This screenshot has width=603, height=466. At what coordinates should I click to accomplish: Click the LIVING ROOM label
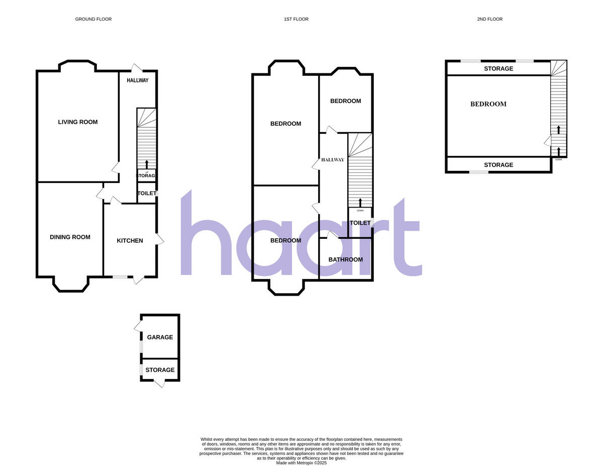tap(78, 122)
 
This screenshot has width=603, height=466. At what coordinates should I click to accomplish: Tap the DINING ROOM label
tap(70, 237)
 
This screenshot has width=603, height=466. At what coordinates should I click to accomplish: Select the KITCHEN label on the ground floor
tap(130, 241)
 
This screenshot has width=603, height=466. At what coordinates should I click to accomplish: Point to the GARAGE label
tap(160, 337)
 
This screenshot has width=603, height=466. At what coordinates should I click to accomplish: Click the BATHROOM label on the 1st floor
tap(345, 260)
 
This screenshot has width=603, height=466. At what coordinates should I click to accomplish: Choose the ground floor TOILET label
tap(147, 194)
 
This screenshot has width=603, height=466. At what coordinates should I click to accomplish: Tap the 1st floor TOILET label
tap(360, 223)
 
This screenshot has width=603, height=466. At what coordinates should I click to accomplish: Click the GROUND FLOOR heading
tap(93, 19)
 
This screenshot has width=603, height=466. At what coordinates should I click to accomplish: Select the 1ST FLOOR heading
tap(296, 19)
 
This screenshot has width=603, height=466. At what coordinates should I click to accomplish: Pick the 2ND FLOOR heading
tap(489, 19)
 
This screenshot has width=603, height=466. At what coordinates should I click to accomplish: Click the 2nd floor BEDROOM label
tap(488, 104)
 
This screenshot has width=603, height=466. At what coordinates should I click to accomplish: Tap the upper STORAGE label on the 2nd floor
tap(498, 68)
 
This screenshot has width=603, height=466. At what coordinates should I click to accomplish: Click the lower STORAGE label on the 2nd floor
tap(498, 165)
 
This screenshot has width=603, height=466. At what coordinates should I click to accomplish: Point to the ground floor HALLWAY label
tap(137, 80)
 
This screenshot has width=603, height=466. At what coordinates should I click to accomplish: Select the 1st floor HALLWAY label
tap(333, 160)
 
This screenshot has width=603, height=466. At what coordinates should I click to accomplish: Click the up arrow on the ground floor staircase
tap(147, 164)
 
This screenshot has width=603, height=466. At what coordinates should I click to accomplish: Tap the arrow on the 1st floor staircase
tap(360, 202)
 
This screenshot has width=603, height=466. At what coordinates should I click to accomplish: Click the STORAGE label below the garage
tap(160, 370)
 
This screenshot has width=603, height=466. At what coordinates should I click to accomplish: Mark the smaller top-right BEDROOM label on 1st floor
tap(345, 101)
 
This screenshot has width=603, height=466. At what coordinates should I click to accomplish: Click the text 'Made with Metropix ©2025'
tap(301, 462)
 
